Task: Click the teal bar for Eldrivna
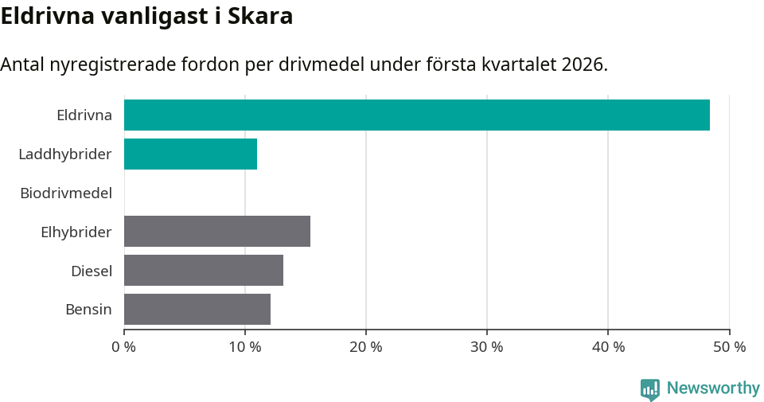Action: pyautogui.click(x=416, y=115)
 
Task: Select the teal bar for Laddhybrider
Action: pyautogui.click(x=190, y=154)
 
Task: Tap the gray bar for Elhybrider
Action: pyautogui.click(x=217, y=231)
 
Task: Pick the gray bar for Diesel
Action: pyautogui.click(x=204, y=270)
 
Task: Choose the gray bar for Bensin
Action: pyautogui.click(x=197, y=309)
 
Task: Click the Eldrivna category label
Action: pyautogui.click(x=84, y=115)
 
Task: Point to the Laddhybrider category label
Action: pyautogui.click(x=65, y=154)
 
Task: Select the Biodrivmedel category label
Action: pyautogui.click(x=66, y=193)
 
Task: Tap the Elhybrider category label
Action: pyautogui.click(x=76, y=232)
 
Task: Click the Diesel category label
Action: pyautogui.click(x=92, y=271)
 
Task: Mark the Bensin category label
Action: pyautogui.click(x=88, y=310)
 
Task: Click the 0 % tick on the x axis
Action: pyautogui.click(x=124, y=347)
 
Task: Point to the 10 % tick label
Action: pyautogui.click(x=245, y=347)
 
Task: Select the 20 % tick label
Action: pyautogui.click(x=366, y=347)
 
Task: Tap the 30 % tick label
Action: pyautogui.click(x=487, y=347)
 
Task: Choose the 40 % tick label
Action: pyautogui.click(x=608, y=347)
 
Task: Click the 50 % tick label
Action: pyautogui.click(x=729, y=347)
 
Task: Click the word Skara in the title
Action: pyautogui.click(x=259, y=16)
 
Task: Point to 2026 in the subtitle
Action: pyautogui.click(x=581, y=64)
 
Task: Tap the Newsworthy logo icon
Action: pyautogui.click(x=650, y=388)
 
